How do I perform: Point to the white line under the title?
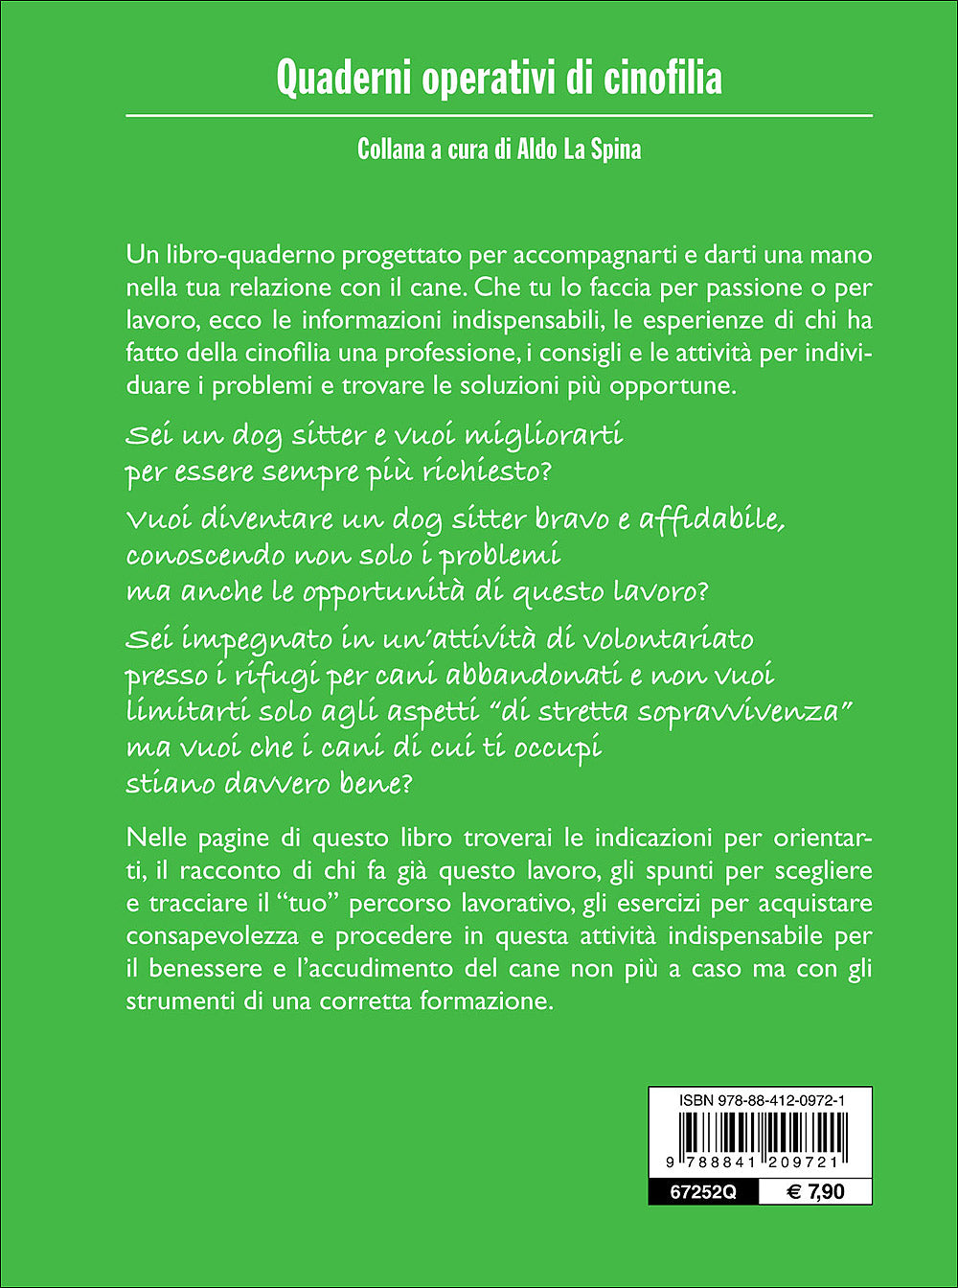pyautogui.click(x=499, y=115)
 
